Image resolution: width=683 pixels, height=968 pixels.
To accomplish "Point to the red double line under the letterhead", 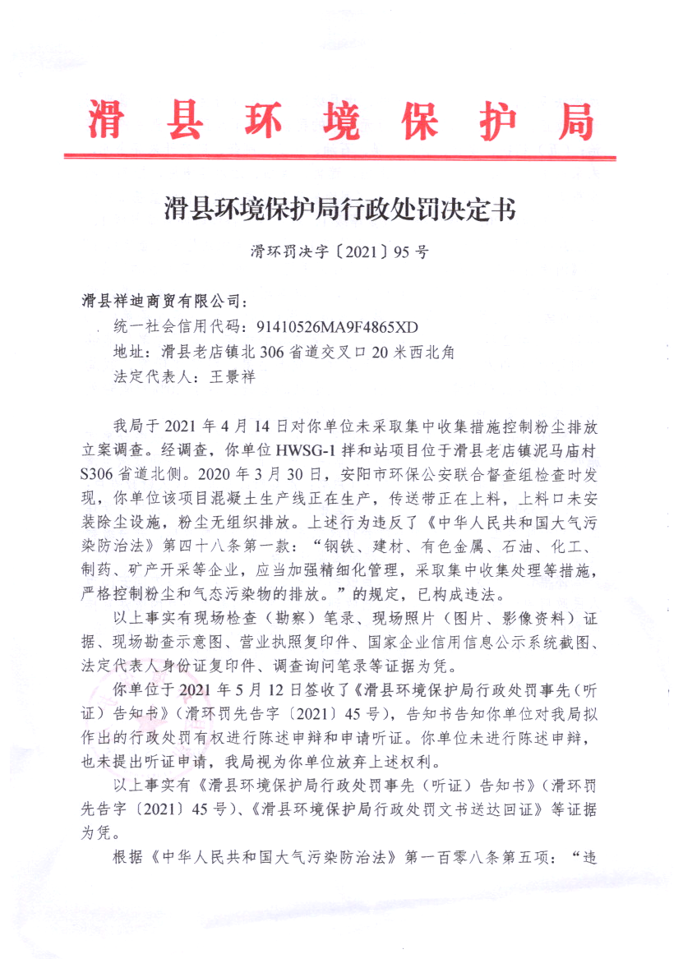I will point(340,156).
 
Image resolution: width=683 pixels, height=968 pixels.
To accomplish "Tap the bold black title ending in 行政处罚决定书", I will point(340,210).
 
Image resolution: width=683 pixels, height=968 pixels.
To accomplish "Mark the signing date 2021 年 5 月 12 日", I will point(218,687).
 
